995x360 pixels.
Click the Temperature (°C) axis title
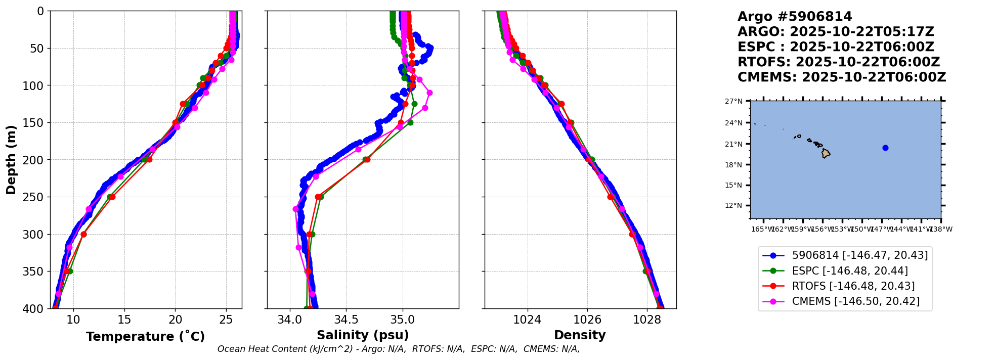point(145,337)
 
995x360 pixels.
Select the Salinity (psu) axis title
point(363,335)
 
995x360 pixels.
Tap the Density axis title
point(580,335)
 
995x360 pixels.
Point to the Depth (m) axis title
point(11,159)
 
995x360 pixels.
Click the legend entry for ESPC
point(849,271)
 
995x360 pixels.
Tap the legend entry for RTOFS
point(853,286)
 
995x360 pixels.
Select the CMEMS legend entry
point(855,301)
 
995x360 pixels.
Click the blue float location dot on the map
point(885,148)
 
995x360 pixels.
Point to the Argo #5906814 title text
point(795,17)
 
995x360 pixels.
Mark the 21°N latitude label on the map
point(734,144)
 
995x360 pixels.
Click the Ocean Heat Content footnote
point(399,349)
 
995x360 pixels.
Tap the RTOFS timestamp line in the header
point(838,62)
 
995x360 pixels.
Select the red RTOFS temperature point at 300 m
point(83,234)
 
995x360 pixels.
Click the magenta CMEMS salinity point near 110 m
point(429,93)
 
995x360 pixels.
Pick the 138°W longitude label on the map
point(942,229)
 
